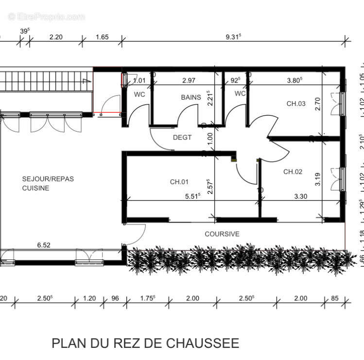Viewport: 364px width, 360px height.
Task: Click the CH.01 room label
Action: pos(179,182)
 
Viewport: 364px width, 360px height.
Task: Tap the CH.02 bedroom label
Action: pos(293,171)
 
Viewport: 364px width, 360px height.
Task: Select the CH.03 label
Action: pos(295,103)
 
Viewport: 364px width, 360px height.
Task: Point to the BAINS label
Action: pos(191,97)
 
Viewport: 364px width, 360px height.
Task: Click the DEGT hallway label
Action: pos(182,137)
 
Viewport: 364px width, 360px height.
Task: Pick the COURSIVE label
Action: pos(222,234)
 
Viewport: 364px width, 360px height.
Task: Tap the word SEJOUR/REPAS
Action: pos(48,179)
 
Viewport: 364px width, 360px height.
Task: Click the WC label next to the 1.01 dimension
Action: pos(139,94)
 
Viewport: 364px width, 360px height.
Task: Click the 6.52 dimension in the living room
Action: pos(44,245)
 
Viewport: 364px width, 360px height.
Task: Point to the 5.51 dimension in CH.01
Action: pos(192,196)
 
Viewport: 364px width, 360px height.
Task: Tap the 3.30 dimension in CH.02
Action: pos(301,196)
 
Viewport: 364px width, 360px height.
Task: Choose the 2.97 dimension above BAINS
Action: pos(189,80)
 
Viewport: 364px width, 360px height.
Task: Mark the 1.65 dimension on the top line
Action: pos(102,37)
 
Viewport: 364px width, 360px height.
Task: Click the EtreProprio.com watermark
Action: pos(47,17)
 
